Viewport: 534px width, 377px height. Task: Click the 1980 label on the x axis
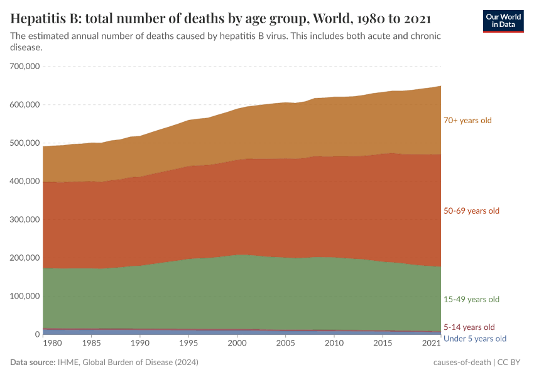[x=53, y=344]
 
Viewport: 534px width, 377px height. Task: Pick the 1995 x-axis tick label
[x=188, y=344]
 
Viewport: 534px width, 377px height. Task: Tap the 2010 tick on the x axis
[x=334, y=344]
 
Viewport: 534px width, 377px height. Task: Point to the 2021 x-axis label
[x=431, y=344]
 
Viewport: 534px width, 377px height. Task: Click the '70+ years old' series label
[x=467, y=120]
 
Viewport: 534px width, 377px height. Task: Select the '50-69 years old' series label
[x=471, y=210]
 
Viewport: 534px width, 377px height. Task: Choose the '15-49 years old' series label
[x=471, y=299]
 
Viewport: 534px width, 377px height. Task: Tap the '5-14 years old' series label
[x=469, y=327]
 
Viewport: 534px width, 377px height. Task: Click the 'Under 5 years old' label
[x=474, y=339]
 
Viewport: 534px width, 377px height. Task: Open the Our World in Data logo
[x=503, y=21]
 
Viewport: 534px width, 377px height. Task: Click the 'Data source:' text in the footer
[x=33, y=363]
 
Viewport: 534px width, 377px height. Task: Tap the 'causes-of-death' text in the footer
[x=462, y=363]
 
